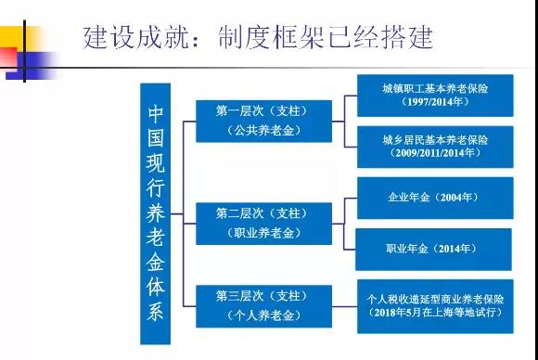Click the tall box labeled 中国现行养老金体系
tap(156, 213)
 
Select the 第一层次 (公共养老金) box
tap(263, 122)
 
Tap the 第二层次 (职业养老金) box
tap(263, 224)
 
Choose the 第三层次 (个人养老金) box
tap(263, 306)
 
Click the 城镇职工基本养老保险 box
tap(435, 96)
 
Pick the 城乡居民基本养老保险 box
tap(435, 147)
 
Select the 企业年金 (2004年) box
tap(435, 198)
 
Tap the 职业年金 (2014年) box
tap(433, 250)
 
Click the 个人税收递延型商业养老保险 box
tap(435, 306)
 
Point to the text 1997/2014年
tap(435, 102)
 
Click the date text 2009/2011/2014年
tap(435, 153)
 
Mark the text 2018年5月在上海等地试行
tap(435, 313)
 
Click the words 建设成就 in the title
tap(135, 37)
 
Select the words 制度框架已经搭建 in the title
tap(326, 37)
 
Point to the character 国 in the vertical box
tap(156, 138)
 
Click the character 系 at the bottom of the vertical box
tap(156, 312)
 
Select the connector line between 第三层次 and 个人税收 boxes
tap(344, 306)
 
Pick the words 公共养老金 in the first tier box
tap(263, 131)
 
